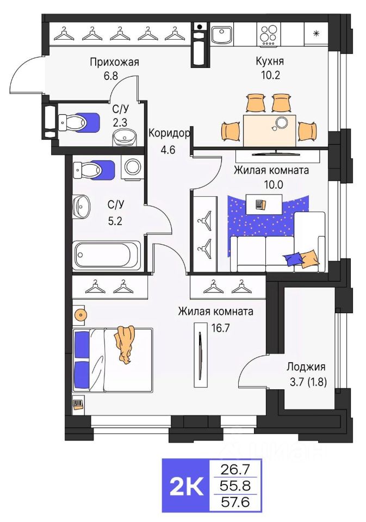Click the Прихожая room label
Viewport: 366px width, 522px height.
(114, 62)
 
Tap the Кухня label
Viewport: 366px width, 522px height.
(268, 62)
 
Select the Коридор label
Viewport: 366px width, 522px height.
(169, 133)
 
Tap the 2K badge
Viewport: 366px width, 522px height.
(186, 485)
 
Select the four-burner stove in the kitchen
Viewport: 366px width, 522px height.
(269, 35)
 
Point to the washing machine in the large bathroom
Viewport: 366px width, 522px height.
(132, 167)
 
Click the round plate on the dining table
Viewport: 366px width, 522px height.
(281, 122)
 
